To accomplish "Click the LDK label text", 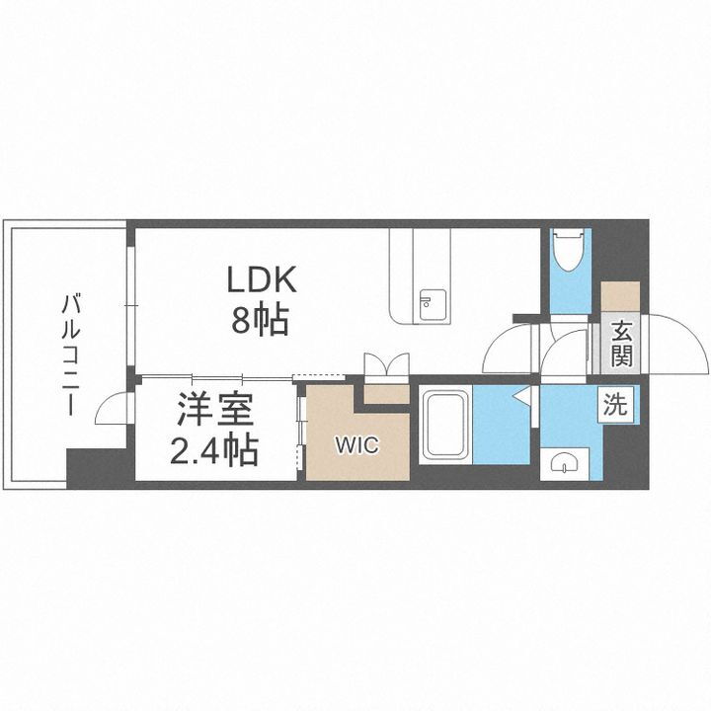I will (262, 281).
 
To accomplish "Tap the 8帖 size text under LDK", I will (262, 319).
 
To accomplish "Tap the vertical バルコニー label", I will (70, 352).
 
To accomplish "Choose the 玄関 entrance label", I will (621, 343).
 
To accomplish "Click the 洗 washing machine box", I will (614, 404).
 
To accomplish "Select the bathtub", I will (446, 425).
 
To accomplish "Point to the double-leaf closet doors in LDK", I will (384, 363).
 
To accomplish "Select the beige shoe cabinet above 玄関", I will (621, 297).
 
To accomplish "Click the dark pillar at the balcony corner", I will (99, 467).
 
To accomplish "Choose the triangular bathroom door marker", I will (522, 399).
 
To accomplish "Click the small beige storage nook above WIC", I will (385, 393).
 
